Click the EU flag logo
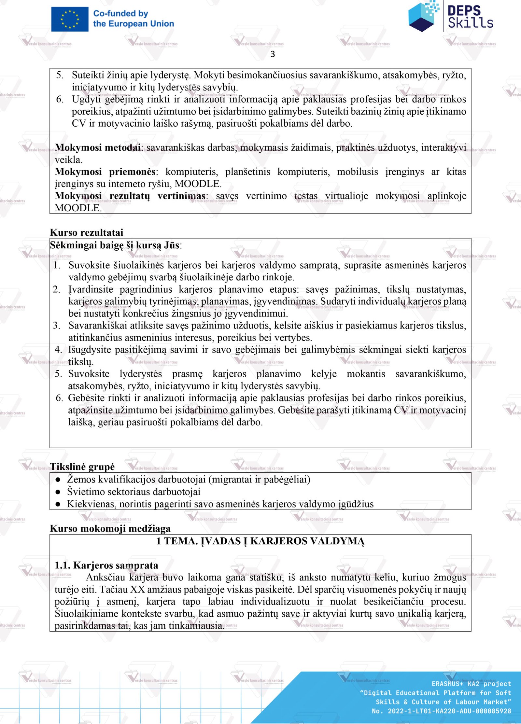(x=69, y=19)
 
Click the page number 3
(x=273, y=54)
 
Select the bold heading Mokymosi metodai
(x=98, y=147)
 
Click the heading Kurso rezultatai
(x=87, y=232)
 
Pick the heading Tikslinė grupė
(x=82, y=466)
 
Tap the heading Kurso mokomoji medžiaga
(x=110, y=528)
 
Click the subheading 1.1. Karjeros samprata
(x=106, y=565)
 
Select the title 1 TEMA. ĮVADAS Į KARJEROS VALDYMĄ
(x=260, y=541)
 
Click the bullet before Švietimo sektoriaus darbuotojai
(x=58, y=492)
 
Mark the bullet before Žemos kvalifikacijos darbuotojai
(x=58, y=480)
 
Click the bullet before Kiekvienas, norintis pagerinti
(x=58, y=504)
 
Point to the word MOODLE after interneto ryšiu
(x=197, y=184)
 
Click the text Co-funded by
(x=120, y=14)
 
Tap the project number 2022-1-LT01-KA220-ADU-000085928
(x=449, y=711)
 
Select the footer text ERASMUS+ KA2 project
(x=471, y=684)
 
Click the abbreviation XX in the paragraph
(x=137, y=590)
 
